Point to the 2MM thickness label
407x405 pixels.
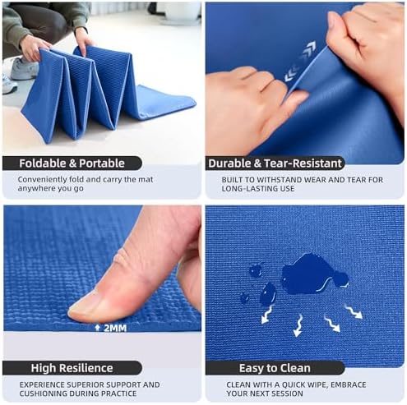tap(115, 328)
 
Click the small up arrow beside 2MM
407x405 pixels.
tap(97, 328)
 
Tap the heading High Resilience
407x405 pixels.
tap(72, 368)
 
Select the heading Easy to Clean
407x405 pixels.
tap(275, 368)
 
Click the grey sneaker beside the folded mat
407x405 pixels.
tap(24, 68)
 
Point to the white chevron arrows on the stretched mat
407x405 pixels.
tap(300, 62)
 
